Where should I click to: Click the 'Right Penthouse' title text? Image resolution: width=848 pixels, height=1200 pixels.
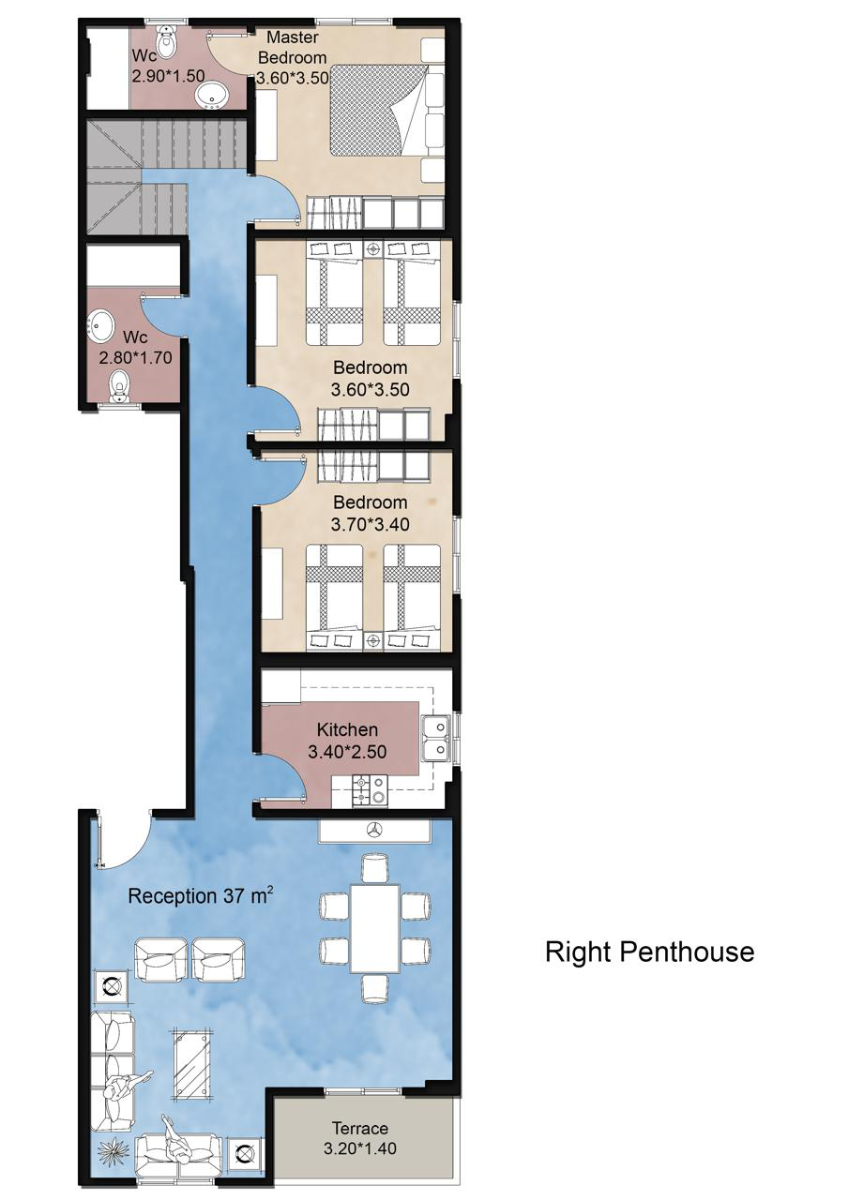(649, 952)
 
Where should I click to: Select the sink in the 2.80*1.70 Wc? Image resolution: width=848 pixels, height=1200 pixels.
(100, 325)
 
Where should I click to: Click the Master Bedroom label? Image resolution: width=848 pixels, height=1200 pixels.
(292, 47)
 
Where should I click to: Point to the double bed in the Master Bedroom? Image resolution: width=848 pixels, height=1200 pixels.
(378, 111)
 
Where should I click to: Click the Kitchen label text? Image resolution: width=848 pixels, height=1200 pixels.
(347, 729)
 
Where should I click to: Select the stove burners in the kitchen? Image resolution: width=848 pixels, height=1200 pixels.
(370, 790)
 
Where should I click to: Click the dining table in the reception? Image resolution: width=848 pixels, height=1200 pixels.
(374, 929)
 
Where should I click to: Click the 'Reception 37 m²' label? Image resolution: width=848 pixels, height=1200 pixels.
(201, 895)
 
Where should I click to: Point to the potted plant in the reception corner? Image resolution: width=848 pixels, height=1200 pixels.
(114, 1149)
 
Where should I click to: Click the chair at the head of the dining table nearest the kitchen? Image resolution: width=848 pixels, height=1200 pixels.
(374, 868)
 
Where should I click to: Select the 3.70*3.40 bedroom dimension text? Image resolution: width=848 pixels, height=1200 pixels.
(370, 523)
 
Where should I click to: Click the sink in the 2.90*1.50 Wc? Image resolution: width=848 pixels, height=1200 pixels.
(212, 97)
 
